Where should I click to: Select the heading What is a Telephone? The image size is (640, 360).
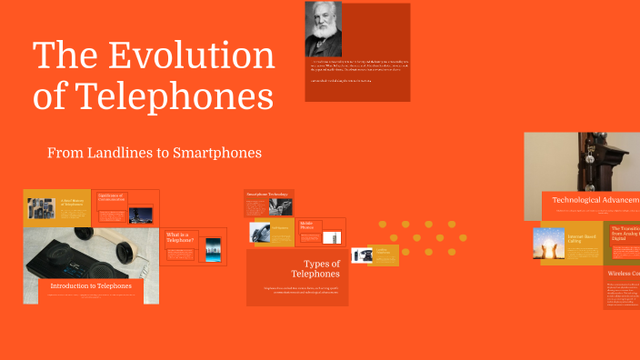pos(179,238)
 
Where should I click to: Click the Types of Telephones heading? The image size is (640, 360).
pos(315,268)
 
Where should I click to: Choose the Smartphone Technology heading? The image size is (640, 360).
pos(266,195)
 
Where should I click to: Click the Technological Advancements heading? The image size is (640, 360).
pos(595,200)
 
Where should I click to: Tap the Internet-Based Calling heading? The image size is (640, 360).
pos(582,239)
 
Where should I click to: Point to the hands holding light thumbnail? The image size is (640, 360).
pos(549,243)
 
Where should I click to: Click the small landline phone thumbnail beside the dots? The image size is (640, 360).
pos(362,255)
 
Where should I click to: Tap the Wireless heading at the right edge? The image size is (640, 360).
pos(623,273)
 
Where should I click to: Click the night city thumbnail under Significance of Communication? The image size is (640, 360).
pos(140,215)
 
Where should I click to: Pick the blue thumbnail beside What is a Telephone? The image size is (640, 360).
pos(213,247)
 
